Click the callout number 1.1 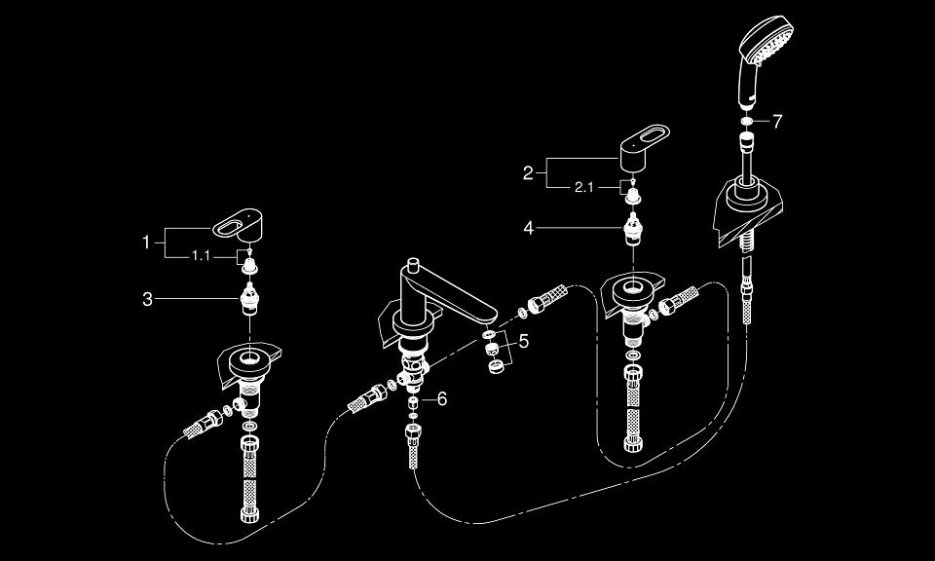click(201, 255)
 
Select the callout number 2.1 click(584, 187)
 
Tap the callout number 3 click(147, 300)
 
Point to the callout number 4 click(528, 228)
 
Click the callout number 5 click(523, 342)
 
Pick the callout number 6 click(441, 399)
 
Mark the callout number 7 click(776, 122)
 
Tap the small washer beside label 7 click(746, 122)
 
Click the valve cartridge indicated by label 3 click(249, 297)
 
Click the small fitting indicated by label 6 click(413, 400)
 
